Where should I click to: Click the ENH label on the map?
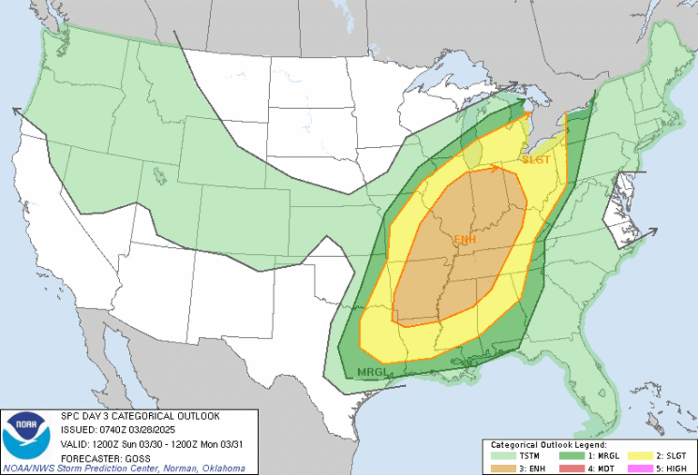pos(464,240)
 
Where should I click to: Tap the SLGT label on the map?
pos(536,160)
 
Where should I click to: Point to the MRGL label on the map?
pos(373,372)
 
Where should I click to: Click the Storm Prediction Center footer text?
pos(124,468)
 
